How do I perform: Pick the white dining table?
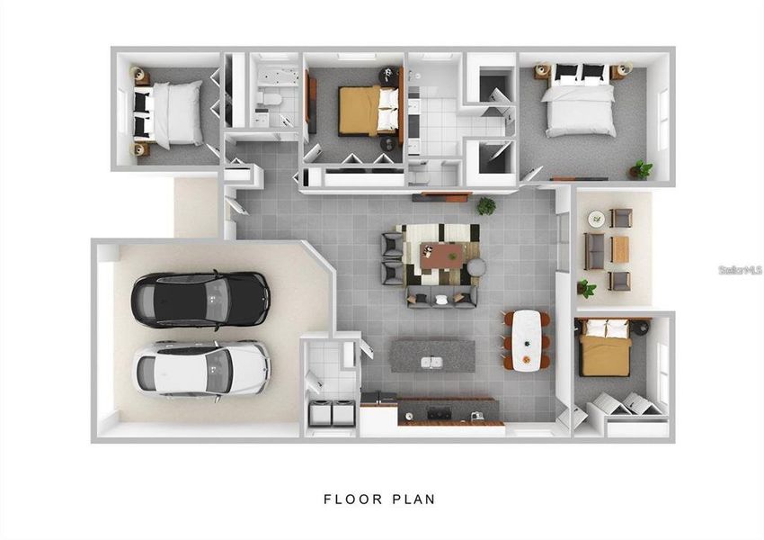coord(527,340)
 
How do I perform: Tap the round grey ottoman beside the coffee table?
coord(477,267)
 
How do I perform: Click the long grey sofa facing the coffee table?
coord(440,296)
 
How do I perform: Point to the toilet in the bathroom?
coord(269,97)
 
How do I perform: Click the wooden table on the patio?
coord(620,249)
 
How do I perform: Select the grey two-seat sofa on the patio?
coord(594,251)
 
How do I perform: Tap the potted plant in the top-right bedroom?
coord(642,168)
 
